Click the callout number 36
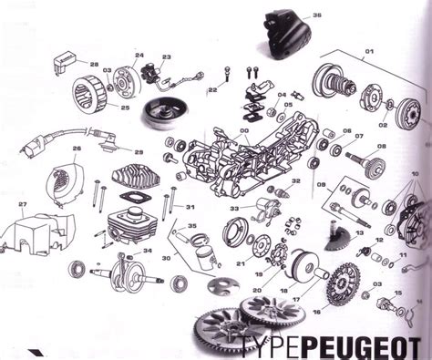pyautogui.click(x=317, y=15)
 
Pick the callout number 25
pyautogui.click(x=125, y=108)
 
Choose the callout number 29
pyautogui.click(x=139, y=151)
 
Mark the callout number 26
pyautogui.click(x=77, y=149)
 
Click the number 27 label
pyautogui.click(x=23, y=203)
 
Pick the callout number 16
pyautogui.click(x=316, y=311)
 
